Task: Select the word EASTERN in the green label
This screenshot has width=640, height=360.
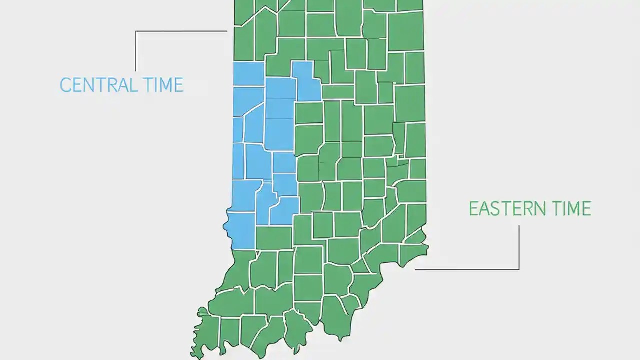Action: [506, 208]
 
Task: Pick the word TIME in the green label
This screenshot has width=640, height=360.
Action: [570, 208]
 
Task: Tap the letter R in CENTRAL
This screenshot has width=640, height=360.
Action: [113, 85]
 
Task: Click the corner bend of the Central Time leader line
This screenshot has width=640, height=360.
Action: [136, 31]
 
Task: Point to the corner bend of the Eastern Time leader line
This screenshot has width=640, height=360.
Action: [519, 269]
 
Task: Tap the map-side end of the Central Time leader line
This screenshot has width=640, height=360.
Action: [227, 31]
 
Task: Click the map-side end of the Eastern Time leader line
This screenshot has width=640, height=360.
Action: [416, 269]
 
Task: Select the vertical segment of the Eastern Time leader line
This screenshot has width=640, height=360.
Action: [519, 247]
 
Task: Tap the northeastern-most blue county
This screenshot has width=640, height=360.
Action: [306, 82]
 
